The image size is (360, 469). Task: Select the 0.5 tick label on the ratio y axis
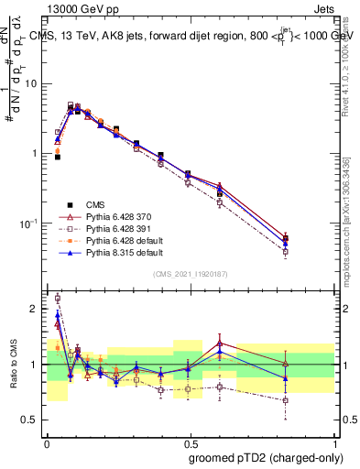coord(32,421)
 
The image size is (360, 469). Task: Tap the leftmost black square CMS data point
coord(57,157)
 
